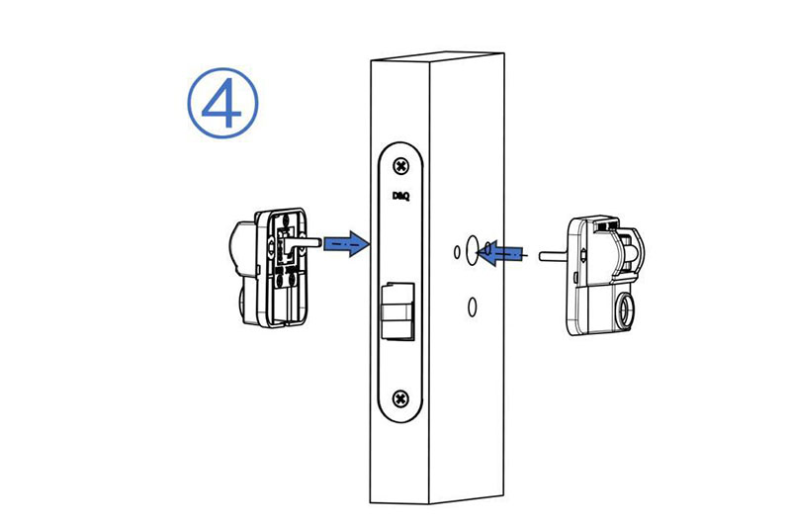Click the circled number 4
(x=222, y=103)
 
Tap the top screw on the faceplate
(x=401, y=166)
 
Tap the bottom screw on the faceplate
(x=401, y=398)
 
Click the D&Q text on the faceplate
(x=401, y=196)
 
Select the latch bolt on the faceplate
(x=397, y=310)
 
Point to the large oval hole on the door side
(x=472, y=249)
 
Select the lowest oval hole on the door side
(x=473, y=307)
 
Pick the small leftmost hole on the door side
(x=457, y=252)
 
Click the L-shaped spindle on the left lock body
(x=300, y=243)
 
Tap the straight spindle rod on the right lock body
(x=553, y=256)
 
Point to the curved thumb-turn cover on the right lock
(x=628, y=249)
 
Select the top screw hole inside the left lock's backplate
(x=286, y=220)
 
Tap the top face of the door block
(x=438, y=57)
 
